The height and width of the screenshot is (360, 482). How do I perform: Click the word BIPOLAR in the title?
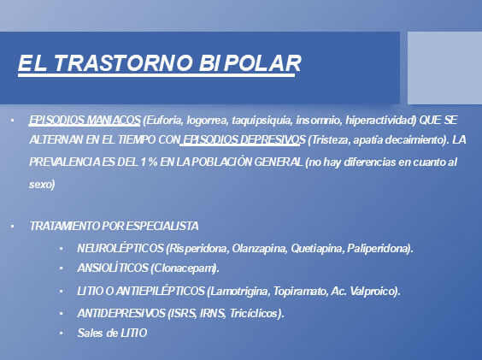(250, 63)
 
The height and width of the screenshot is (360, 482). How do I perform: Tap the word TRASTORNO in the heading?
(124, 63)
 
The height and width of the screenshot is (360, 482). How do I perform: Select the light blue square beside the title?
(444, 68)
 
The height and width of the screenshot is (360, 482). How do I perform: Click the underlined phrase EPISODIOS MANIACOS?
(85, 120)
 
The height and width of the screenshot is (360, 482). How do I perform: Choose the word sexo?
(42, 185)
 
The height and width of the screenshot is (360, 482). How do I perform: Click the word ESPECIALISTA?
(162, 226)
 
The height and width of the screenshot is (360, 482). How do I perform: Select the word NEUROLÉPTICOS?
(120, 248)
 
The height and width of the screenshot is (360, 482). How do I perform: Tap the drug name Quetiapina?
(317, 248)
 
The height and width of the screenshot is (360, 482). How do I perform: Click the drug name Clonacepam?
(185, 269)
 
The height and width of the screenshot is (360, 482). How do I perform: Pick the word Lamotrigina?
(238, 291)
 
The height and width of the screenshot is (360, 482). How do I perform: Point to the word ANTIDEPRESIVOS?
(121, 313)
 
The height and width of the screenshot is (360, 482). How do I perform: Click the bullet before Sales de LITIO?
(62, 333)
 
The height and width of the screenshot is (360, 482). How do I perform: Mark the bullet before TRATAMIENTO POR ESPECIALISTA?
(12, 227)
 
